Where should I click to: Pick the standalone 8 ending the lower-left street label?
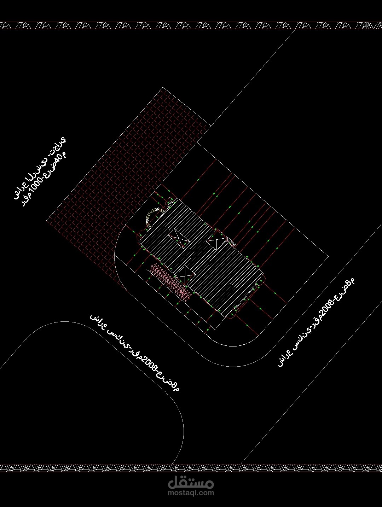174,386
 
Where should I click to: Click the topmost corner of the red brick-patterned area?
163,88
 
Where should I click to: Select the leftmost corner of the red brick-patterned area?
47,220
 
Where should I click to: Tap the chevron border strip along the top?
191,25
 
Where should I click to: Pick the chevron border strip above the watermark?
191,468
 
